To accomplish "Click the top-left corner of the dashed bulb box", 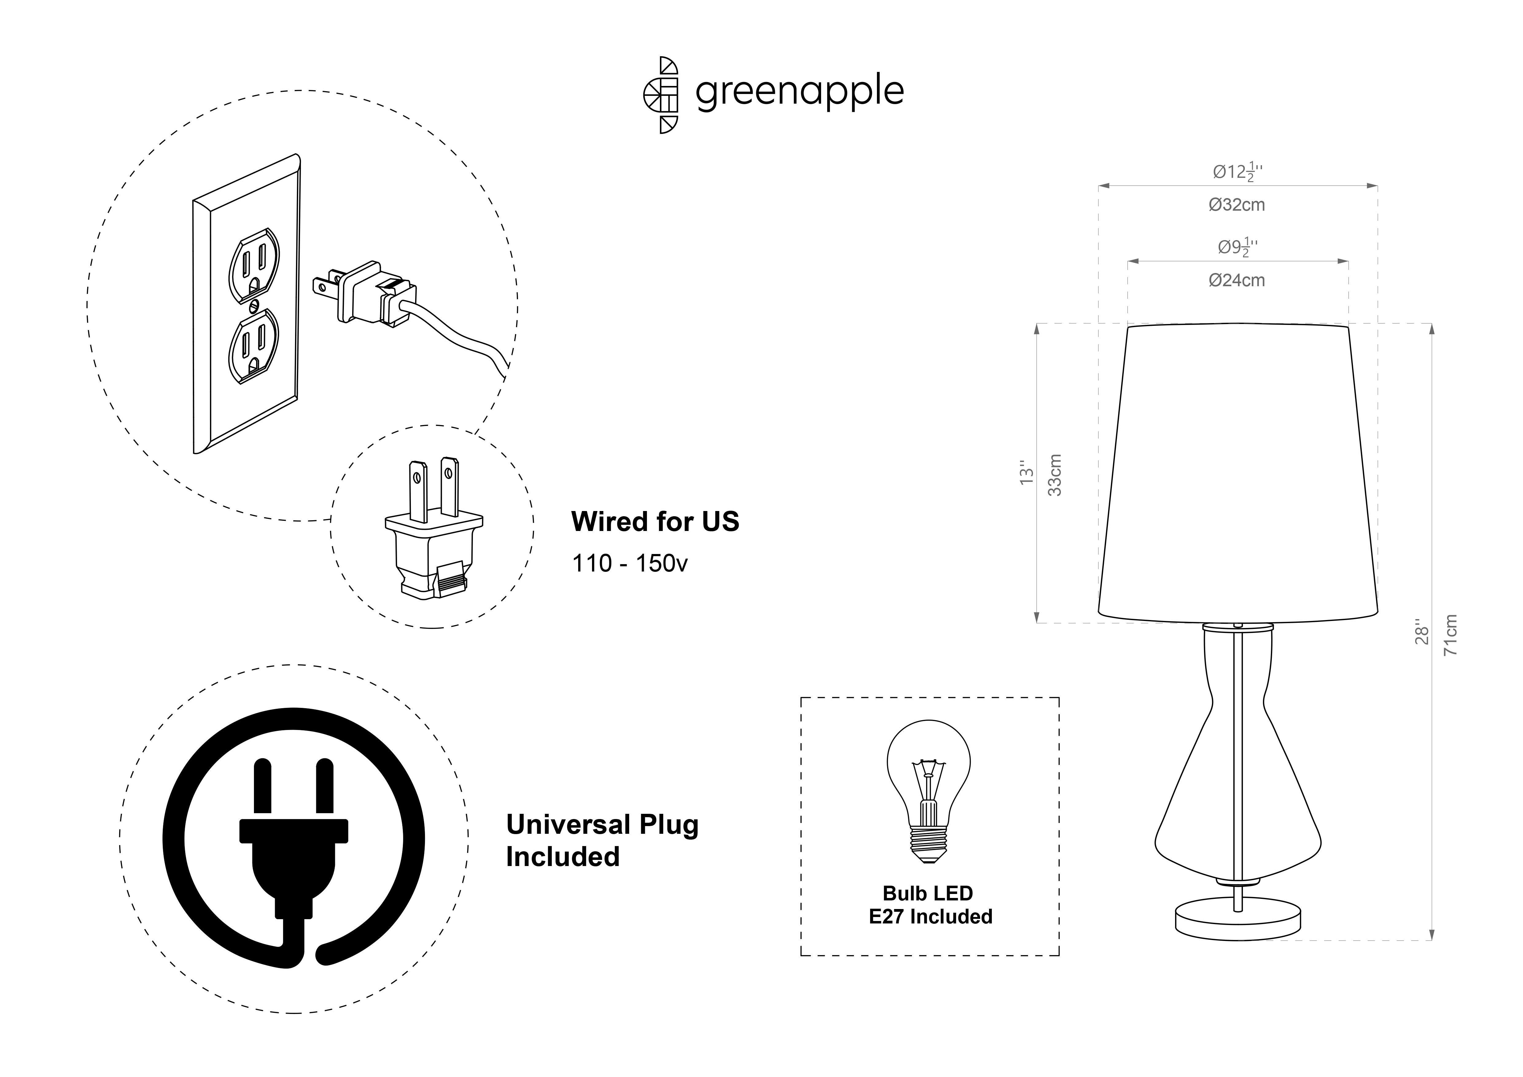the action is point(801,698).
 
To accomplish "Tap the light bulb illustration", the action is point(929,791).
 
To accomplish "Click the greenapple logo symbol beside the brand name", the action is point(661,95).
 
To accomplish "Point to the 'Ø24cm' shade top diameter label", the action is point(1237,281).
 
